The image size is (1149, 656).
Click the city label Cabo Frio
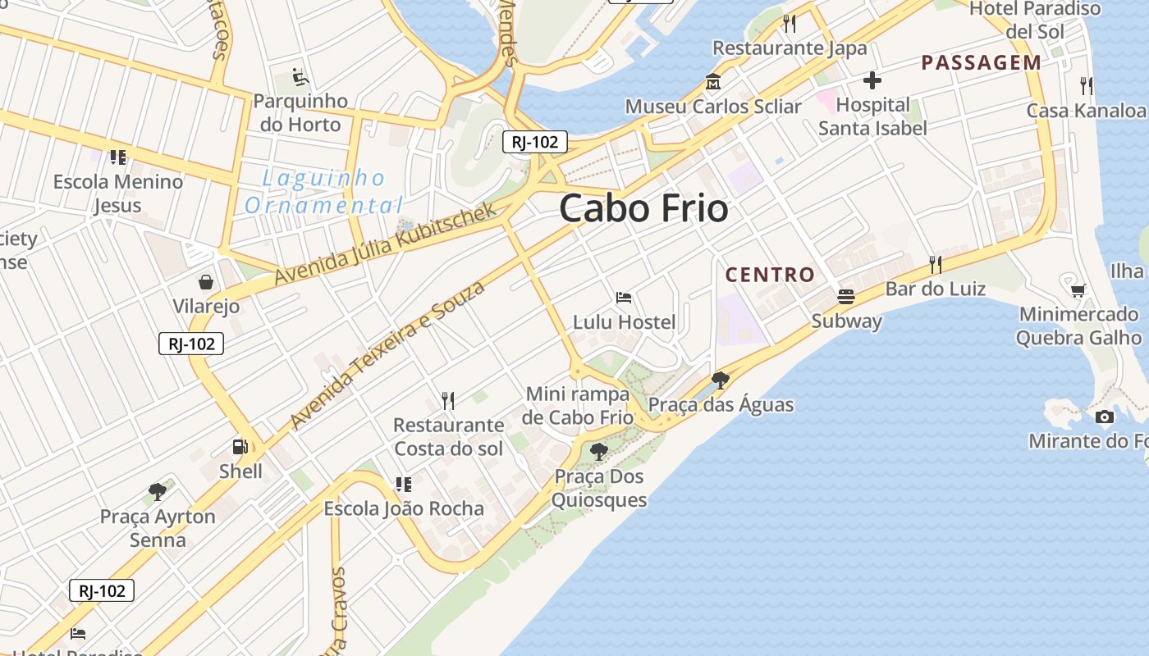(x=643, y=208)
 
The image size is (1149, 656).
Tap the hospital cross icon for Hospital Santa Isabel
(x=872, y=80)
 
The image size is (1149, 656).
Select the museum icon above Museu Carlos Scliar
(x=712, y=82)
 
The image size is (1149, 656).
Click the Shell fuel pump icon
(x=240, y=447)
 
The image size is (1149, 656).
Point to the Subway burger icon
(x=846, y=296)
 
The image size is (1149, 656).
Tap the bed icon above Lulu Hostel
(x=624, y=298)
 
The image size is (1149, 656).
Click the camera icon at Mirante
(x=1105, y=417)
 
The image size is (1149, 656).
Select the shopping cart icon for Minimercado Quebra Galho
(x=1078, y=290)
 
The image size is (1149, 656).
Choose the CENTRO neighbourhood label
(x=770, y=275)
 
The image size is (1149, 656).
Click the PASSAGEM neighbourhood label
(x=981, y=62)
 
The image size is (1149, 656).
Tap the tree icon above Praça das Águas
(x=721, y=380)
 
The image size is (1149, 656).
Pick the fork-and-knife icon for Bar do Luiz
(x=935, y=264)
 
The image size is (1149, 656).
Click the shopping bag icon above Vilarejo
(x=206, y=282)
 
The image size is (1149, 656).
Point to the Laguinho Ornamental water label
(x=324, y=191)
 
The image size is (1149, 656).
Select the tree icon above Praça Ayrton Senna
(x=158, y=492)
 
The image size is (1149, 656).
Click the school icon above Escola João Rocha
(x=403, y=484)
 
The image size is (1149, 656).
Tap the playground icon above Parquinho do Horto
(x=300, y=77)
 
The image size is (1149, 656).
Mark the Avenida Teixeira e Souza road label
(x=387, y=354)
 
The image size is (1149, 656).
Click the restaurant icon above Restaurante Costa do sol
(x=448, y=400)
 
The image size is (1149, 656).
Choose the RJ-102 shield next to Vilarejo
(x=191, y=344)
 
